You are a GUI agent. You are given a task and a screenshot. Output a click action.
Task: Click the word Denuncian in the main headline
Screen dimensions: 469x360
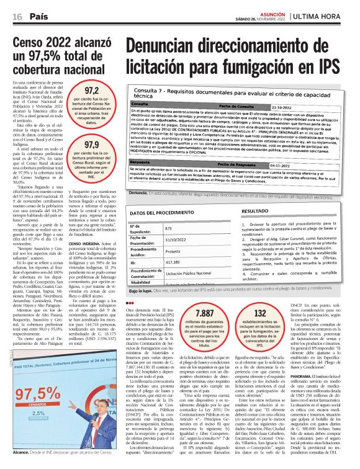[x=172, y=47]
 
